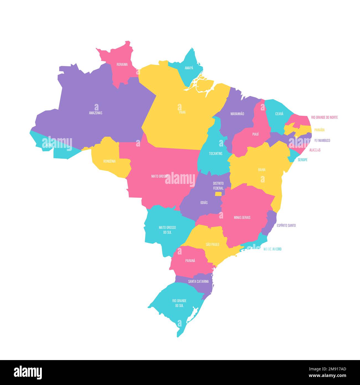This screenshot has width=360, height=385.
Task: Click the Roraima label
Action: click(122, 65)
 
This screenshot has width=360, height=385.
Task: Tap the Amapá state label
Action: click(189, 68)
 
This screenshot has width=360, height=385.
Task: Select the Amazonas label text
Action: click(96, 113)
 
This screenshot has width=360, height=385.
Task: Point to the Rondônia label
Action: click(109, 161)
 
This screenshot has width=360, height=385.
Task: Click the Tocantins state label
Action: click(215, 153)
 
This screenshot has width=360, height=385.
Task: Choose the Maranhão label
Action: click(237, 114)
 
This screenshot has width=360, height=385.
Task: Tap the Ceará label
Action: click(279, 114)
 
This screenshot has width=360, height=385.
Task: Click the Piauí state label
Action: click(255, 134)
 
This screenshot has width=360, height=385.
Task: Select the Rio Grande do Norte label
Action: click(324, 117)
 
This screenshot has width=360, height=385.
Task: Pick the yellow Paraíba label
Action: click(319, 130)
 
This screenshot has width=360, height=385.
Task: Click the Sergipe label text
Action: click(302, 160)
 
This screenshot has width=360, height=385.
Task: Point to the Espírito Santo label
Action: click(286, 225)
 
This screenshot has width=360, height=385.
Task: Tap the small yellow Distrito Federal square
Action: click(218, 194)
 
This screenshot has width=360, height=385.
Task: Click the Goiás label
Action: click(204, 203)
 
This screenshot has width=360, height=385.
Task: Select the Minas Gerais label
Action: click(242, 217)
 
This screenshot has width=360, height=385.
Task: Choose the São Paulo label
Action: click(212, 244)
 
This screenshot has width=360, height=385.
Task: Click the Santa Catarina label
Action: click(198, 281)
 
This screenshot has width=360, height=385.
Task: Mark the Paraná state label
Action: click(190, 261)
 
